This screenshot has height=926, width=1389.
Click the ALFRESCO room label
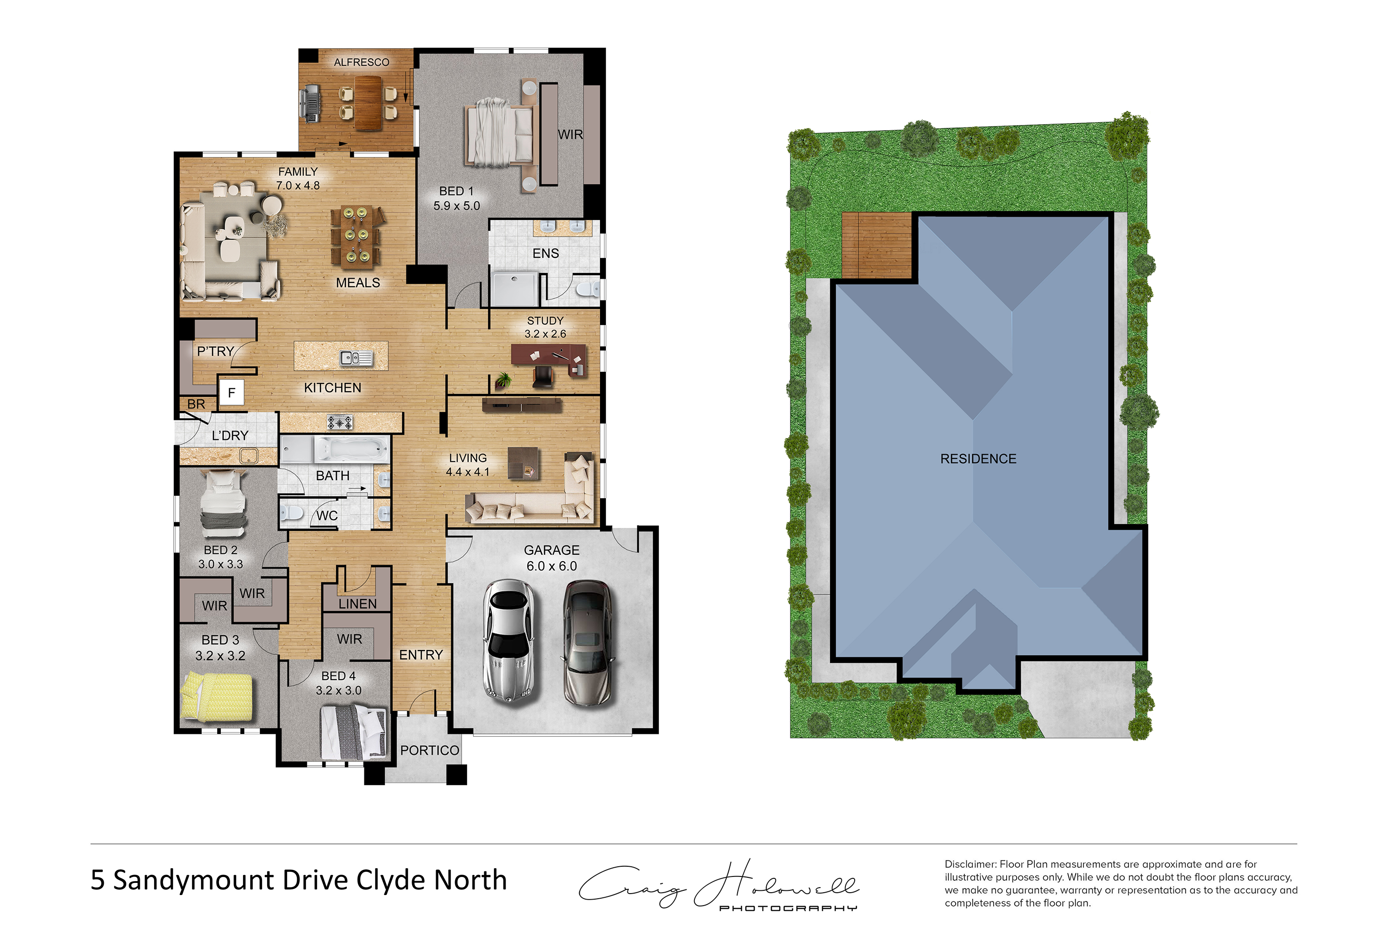(x=362, y=62)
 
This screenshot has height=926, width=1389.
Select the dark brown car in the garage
(x=587, y=643)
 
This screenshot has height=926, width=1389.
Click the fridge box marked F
(x=231, y=392)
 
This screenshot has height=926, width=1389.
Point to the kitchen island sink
(x=356, y=358)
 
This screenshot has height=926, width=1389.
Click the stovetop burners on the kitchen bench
(x=340, y=422)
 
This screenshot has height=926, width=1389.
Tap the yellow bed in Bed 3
(x=217, y=696)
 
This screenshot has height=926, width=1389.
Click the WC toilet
(x=291, y=512)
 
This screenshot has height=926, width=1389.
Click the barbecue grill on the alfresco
(x=311, y=104)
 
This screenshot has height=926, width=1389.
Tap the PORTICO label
(x=429, y=750)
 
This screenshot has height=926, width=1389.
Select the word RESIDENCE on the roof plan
(x=978, y=459)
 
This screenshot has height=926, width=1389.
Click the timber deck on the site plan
(x=877, y=245)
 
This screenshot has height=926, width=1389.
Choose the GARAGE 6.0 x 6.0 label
(x=551, y=558)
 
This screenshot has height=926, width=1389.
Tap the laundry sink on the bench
(x=249, y=456)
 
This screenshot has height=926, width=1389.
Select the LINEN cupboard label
(x=357, y=604)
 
